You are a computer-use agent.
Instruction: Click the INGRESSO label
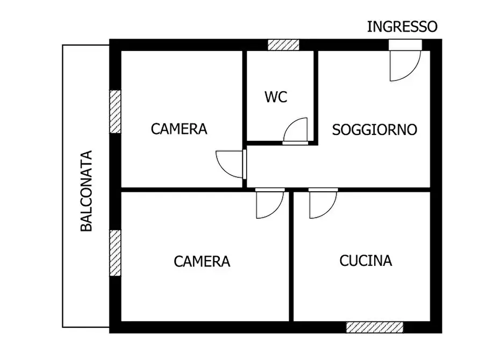tap(402, 26)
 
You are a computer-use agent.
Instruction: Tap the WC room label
tap(276, 97)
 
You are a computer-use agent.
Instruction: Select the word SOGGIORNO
tap(375, 129)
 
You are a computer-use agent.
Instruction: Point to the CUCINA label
tap(366, 261)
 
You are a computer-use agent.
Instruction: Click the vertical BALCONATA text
tap(87, 191)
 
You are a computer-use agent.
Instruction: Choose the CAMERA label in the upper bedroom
tap(179, 129)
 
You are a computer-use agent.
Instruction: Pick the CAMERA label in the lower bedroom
tap(202, 261)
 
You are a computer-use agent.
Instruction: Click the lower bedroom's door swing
tap(268, 204)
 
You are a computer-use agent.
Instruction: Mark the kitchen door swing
tap(322, 204)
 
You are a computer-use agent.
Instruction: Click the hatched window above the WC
tap(283, 45)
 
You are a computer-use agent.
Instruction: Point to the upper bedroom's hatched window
tap(115, 111)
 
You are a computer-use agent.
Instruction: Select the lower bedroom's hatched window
tap(115, 253)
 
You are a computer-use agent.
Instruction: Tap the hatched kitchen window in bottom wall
tap(374, 327)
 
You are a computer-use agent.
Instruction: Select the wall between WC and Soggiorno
tap(316, 97)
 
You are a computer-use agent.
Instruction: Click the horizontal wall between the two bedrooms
tap(183, 190)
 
